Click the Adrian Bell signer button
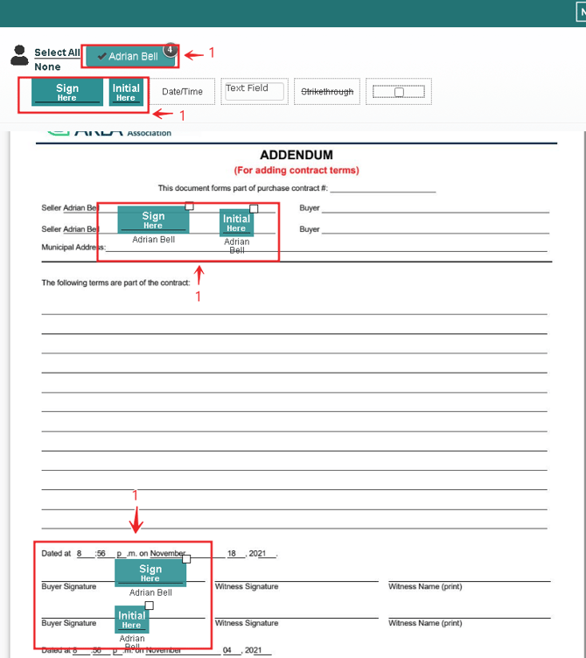[x=129, y=56]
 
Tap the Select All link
[x=57, y=52]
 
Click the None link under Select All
[x=47, y=66]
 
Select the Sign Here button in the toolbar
[x=67, y=93]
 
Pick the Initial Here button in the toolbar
[x=126, y=93]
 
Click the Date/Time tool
[x=182, y=92]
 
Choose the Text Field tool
[x=254, y=90]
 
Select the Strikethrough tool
[x=327, y=92]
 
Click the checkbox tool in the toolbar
[x=398, y=92]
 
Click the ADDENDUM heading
[x=296, y=155]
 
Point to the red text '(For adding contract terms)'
[x=296, y=170]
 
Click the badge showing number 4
[x=171, y=50]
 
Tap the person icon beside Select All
[x=19, y=56]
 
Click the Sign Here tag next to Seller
[x=153, y=220]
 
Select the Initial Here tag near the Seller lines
[x=236, y=223]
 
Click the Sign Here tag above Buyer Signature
[x=150, y=573]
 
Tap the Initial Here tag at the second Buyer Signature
[x=131, y=619]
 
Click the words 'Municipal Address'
[x=73, y=248]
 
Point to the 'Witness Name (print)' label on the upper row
[x=425, y=586]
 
